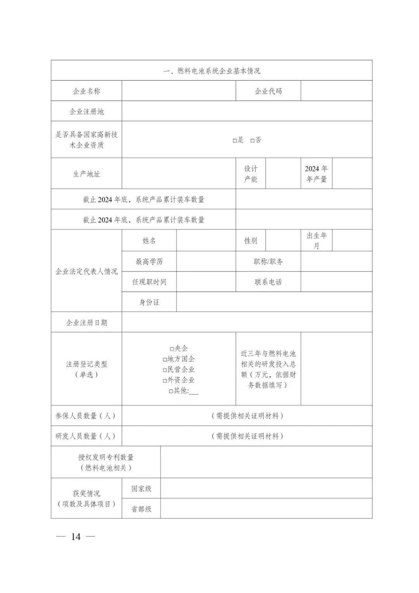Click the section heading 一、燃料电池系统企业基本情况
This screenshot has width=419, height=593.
[211, 71]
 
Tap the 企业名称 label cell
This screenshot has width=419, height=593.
[86, 91]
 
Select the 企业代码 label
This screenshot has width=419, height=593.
[268, 91]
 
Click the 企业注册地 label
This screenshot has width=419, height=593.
[86, 112]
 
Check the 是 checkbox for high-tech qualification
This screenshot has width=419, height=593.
[235, 141]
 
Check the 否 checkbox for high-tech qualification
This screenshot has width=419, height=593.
[253, 141]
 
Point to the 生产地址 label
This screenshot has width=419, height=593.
[86, 174]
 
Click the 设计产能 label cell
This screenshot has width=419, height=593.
[251, 174]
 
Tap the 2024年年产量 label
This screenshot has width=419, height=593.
[316, 174]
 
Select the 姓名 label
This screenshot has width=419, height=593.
[149, 241]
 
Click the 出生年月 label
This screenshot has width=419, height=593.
[316, 240]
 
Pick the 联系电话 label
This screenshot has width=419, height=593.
[268, 282]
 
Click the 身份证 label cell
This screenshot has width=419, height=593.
[149, 302]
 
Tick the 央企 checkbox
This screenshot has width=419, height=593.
[172, 349]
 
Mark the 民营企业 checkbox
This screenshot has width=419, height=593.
[165, 370]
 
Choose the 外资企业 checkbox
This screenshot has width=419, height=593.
[165, 381]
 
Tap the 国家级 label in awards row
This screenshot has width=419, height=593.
[141, 489]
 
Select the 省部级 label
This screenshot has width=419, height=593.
[141, 509]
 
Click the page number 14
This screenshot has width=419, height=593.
[76, 537]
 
